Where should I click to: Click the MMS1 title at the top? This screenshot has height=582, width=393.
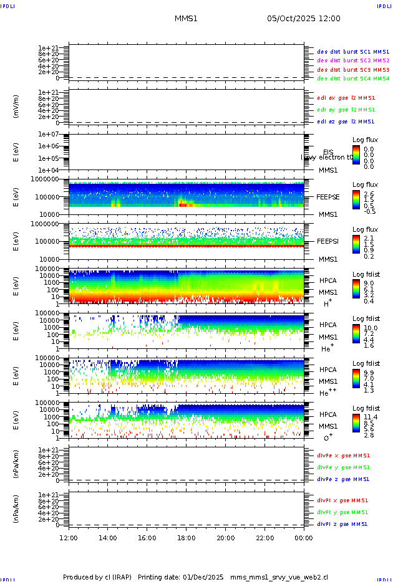tap(186, 19)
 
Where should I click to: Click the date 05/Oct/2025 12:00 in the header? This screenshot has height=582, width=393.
tap(303, 19)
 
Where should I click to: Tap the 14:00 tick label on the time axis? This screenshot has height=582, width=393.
tap(108, 538)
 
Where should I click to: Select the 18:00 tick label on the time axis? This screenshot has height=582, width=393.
tap(186, 538)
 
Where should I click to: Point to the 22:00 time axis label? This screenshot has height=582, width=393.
tap(264, 538)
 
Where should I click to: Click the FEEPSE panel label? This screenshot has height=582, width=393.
tap(327, 196)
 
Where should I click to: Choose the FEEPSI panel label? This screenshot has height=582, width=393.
tap(327, 241)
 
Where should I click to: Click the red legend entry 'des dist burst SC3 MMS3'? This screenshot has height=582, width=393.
tap(353, 69)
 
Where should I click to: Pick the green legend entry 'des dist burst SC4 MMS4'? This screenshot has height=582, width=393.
tap(353, 79)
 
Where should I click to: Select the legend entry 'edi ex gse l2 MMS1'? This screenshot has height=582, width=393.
tap(346, 98)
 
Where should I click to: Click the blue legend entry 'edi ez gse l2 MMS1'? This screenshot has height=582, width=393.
tap(346, 122)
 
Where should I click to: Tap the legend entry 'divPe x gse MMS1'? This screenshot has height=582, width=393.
tap(343, 456)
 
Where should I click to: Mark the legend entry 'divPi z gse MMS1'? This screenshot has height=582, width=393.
tap(342, 524)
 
